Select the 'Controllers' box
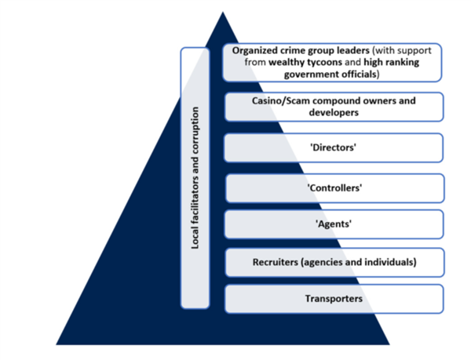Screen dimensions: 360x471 tap(334, 187)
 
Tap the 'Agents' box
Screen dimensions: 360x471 tap(334, 224)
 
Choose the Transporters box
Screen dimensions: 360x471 tap(334, 299)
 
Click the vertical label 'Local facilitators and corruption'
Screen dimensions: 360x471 tap(195, 179)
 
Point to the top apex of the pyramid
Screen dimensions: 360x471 tap(223, 13)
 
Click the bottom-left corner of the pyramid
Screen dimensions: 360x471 tap(57, 343)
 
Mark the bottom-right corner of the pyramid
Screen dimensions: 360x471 tap(389, 343)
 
